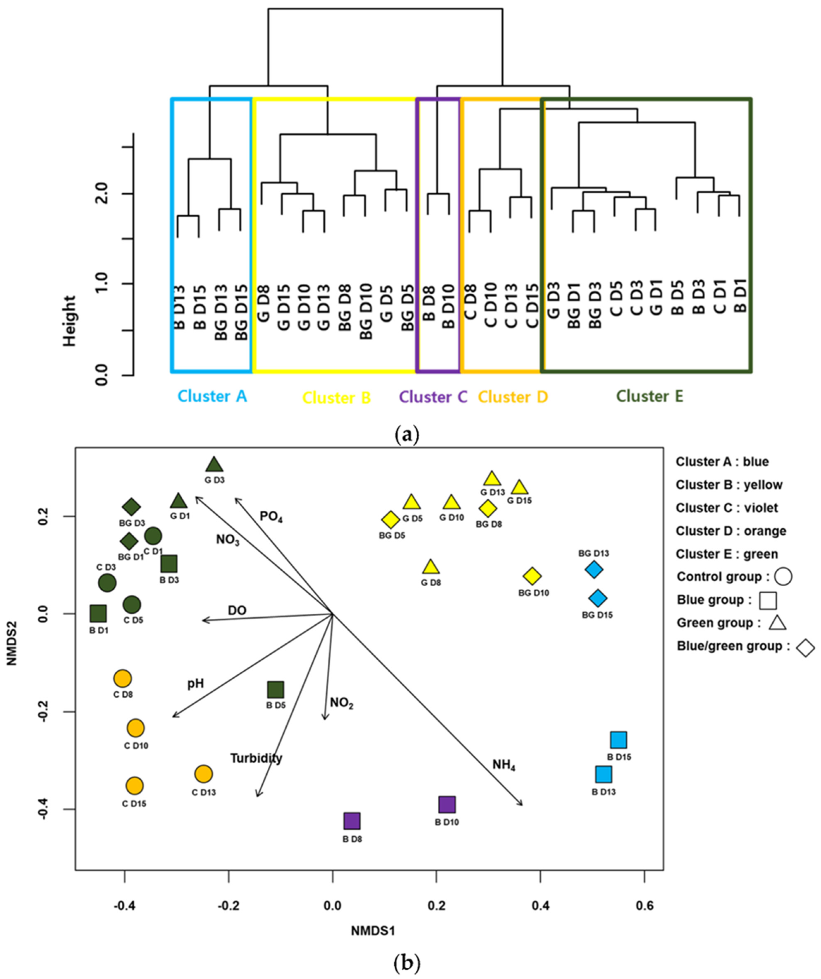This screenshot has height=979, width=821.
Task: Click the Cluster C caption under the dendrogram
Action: coord(433,397)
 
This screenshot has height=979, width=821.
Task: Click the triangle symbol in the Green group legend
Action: coord(777,623)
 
